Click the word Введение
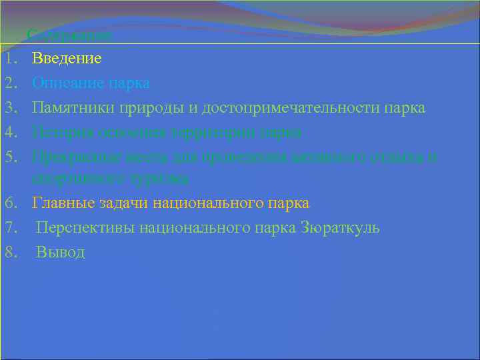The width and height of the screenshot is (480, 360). point(67,59)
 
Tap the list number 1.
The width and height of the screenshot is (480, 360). point(9,59)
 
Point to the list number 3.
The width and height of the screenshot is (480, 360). point(9,107)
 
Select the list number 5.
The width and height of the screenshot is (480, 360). point(9,156)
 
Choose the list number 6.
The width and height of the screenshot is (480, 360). point(9,203)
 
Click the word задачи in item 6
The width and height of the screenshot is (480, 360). point(122,203)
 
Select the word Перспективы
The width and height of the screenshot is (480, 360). point(85,228)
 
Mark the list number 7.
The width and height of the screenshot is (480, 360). point(9,228)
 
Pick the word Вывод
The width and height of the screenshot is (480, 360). point(60,252)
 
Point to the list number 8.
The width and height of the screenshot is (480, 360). point(9,252)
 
